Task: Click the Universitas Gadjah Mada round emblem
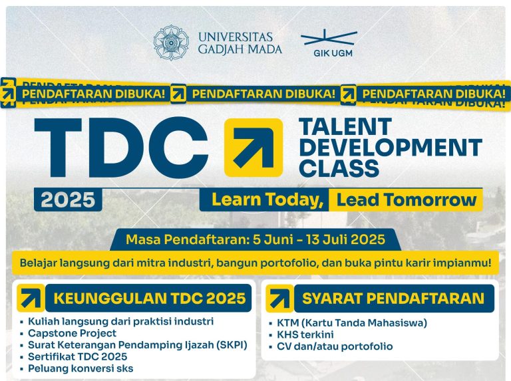[171, 43]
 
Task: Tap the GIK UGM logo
[329, 43]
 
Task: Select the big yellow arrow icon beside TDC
[254, 147]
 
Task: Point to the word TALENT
[345, 126]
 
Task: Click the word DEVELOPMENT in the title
[391, 146]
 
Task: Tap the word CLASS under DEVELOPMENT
[339, 168]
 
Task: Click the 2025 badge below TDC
[69, 199]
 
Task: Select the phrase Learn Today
[267, 199]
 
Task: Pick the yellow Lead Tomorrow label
[407, 199]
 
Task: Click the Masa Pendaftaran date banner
[255, 239]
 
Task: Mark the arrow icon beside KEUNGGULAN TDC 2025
[31, 299]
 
